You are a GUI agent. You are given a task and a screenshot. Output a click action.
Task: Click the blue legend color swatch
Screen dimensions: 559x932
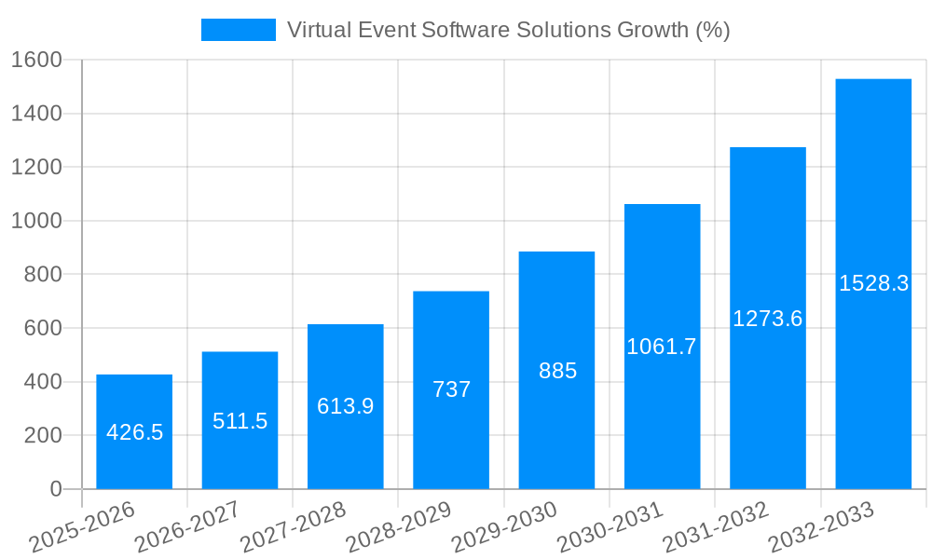tap(239, 30)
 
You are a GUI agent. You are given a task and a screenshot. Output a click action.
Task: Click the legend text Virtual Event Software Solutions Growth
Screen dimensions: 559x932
tap(508, 30)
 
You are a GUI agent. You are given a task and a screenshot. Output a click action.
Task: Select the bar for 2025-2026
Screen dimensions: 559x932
tap(134, 431)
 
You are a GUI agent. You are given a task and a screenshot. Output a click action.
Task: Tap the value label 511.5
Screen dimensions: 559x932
tap(240, 421)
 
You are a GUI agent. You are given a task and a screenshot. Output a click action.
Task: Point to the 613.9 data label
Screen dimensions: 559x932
tap(345, 406)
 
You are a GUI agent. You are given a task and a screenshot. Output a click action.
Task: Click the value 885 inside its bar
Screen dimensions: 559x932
tap(557, 371)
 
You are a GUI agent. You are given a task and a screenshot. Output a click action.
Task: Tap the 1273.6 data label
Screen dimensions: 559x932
tap(767, 319)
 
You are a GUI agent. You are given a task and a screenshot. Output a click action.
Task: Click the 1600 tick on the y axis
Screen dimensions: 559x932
tap(36, 61)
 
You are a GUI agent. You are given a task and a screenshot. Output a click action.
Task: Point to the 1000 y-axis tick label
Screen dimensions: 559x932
tap(36, 222)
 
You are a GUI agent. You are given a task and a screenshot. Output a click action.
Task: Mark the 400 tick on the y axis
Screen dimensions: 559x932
tap(43, 382)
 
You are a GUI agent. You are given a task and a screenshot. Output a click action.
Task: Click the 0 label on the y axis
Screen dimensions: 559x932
tap(55, 489)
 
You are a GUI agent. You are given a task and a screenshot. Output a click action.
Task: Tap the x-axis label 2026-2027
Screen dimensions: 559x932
tap(186, 527)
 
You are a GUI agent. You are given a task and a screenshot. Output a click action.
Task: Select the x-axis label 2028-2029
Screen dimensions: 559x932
tap(398, 527)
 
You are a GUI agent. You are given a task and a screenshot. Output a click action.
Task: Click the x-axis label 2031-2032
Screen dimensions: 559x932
tap(715, 527)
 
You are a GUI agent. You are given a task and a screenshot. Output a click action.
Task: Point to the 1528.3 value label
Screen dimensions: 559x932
tap(873, 284)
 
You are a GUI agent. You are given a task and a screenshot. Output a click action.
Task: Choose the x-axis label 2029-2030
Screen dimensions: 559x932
tap(503, 527)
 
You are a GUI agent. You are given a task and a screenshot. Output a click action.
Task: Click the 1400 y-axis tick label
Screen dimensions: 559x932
tap(36, 114)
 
